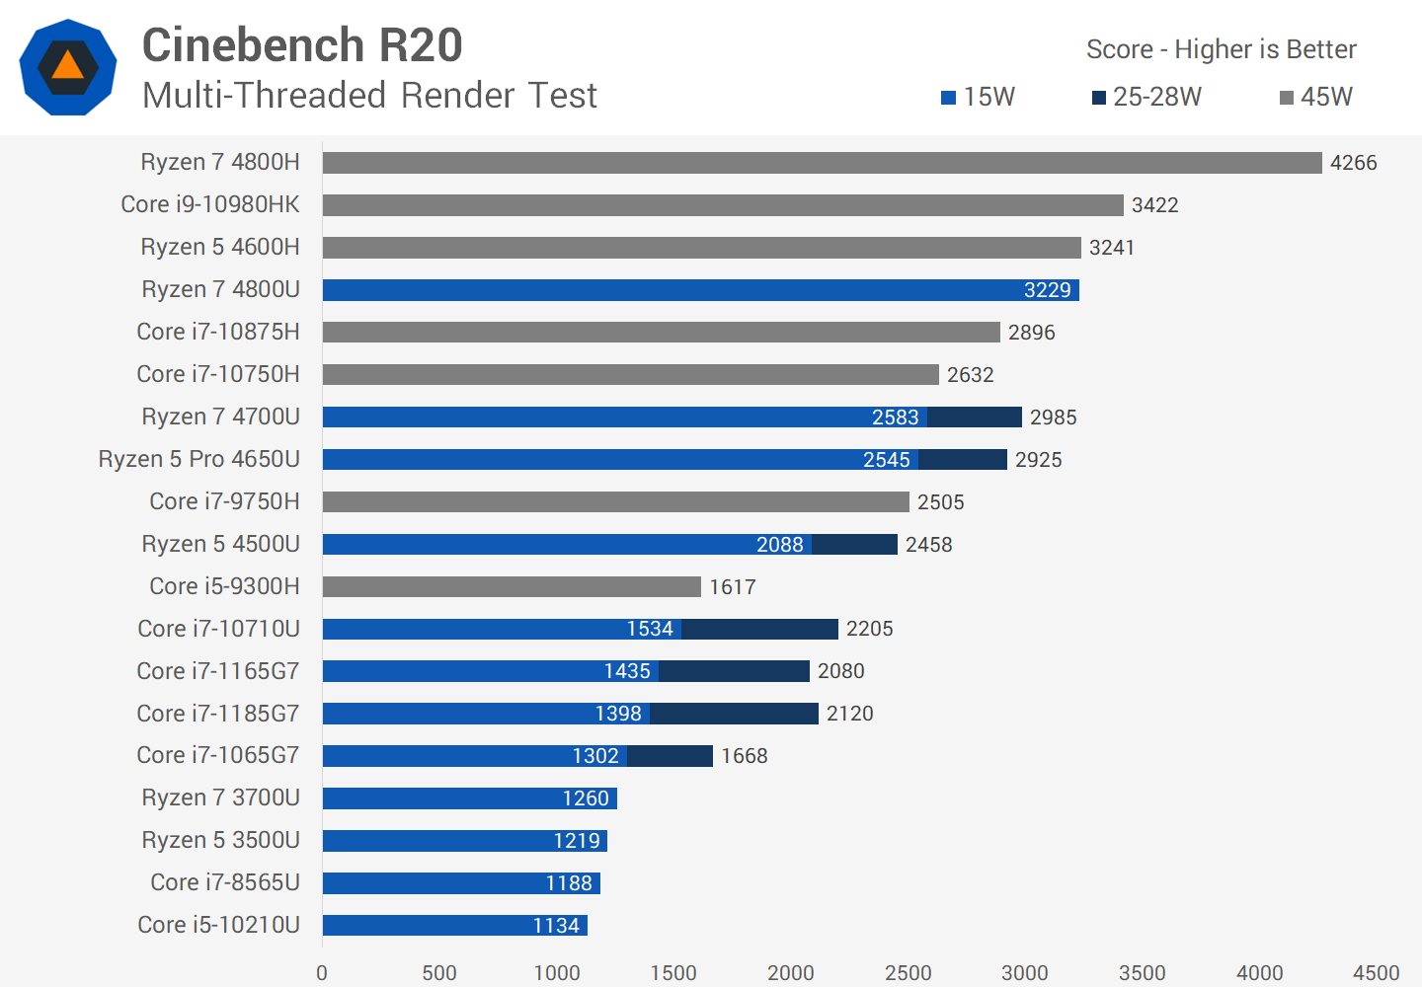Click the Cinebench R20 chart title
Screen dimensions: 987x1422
(302, 45)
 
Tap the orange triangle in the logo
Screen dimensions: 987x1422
(67, 65)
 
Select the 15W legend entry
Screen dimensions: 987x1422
(978, 97)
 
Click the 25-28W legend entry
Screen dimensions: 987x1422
(1146, 97)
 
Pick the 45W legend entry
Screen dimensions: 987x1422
(1315, 97)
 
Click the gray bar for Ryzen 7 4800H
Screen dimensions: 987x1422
(822, 163)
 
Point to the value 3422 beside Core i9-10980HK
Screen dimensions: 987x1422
(1154, 205)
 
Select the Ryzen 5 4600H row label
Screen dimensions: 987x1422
(219, 247)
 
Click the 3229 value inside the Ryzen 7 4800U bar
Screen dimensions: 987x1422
(1047, 290)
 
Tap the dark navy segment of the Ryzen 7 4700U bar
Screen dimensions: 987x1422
(975, 418)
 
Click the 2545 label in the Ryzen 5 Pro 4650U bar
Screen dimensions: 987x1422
(886, 460)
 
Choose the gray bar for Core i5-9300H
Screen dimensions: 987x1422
(512, 587)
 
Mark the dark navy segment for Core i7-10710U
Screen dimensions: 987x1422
(759, 629)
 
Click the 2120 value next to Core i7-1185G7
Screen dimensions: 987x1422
(849, 714)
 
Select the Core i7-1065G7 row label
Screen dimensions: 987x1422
(217, 755)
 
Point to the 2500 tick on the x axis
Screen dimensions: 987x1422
(908, 973)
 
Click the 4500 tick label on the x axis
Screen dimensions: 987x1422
(1376, 973)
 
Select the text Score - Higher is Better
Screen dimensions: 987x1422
(1221, 49)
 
